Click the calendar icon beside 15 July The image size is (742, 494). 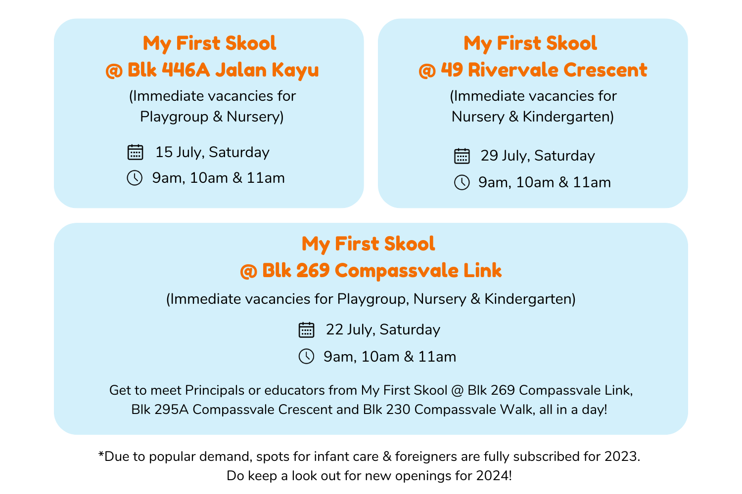[135, 152]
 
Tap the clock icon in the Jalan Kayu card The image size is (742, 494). [135, 178]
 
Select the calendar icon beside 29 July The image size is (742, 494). [462, 156]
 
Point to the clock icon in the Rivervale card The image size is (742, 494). [462, 182]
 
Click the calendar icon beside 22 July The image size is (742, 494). [306, 330]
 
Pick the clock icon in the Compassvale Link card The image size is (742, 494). [306, 356]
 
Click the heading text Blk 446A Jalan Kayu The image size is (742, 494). [223, 70]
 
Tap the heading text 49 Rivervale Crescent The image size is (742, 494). [544, 70]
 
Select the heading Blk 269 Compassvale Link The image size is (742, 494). [381, 271]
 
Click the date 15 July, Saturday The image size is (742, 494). [212, 152]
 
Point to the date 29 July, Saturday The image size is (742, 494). [538, 156]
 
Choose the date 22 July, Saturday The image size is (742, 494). [383, 330]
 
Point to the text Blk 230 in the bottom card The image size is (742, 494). [386, 410]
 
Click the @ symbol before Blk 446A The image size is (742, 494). [114, 70]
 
